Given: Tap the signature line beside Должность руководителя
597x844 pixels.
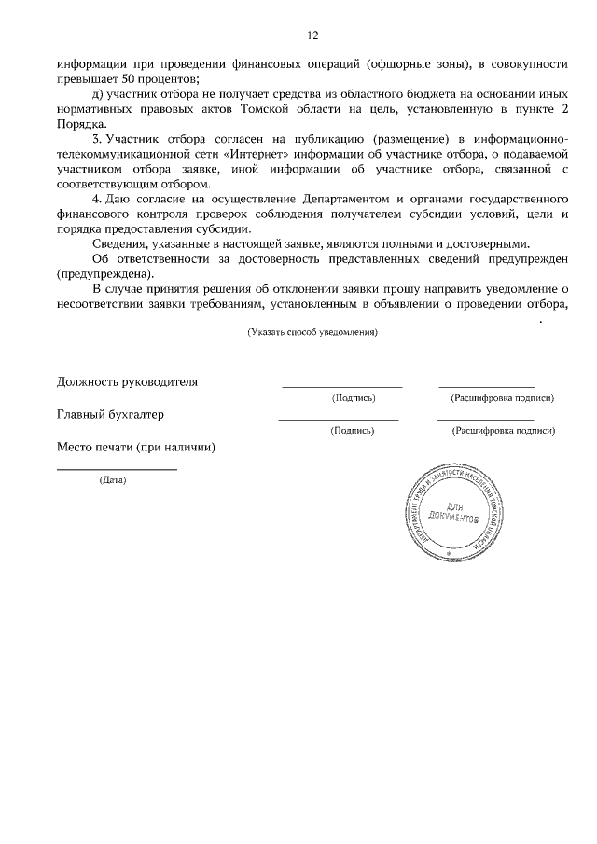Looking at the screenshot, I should click(x=341, y=385).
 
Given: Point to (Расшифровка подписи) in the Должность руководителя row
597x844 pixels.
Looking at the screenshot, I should click(x=502, y=398).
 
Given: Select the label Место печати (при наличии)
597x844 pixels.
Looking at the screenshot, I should click(x=136, y=448).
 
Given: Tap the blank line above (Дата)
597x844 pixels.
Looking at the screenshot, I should click(x=117, y=469).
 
